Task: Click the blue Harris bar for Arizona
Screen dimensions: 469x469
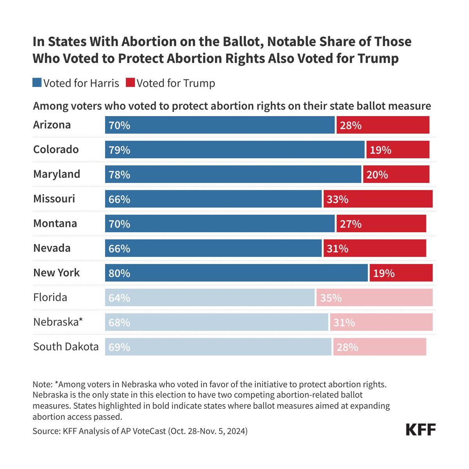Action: pyautogui.click(x=220, y=125)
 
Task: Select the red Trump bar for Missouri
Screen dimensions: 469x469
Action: pyautogui.click(x=378, y=199)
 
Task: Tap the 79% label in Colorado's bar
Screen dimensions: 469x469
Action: pyautogui.click(x=119, y=150)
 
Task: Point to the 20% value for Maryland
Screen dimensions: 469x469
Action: pyautogui.click(x=377, y=175)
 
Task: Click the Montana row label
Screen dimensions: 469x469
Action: pyautogui.click(x=55, y=224)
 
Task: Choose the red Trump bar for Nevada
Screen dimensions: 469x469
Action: pyautogui.click(x=374, y=248)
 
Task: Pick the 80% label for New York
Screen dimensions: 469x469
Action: pyautogui.click(x=119, y=273)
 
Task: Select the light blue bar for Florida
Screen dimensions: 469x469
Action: pyautogui.click(x=209, y=297)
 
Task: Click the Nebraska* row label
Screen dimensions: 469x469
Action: pyautogui.click(x=58, y=322)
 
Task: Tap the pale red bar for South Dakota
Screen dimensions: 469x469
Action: pyautogui.click(x=379, y=347)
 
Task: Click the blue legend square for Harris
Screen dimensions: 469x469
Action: pyautogui.click(x=37, y=83)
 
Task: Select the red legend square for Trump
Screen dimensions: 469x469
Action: pyautogui.click(x=130, y=83)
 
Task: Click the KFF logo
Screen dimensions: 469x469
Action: pyautogui.click(x=421, y=430)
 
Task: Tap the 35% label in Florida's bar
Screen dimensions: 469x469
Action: pyautogui.click(x=331, y=298)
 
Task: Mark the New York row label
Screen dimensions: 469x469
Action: pyautogui.click(x=56, y=273)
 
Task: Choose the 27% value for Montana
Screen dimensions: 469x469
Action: pyautogui.click(x=351, y=224)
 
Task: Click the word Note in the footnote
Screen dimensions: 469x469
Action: pyautogui.click(x=41, y=384)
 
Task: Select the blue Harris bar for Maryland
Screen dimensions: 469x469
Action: pyautogui.click(x=233, y=174)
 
